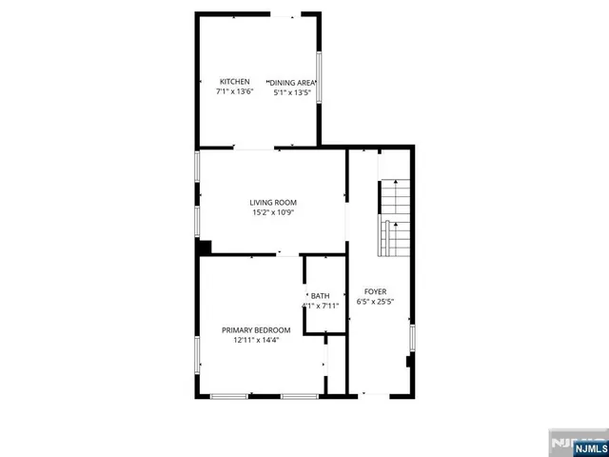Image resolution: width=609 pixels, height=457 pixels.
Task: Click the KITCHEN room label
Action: (x=235, y=82)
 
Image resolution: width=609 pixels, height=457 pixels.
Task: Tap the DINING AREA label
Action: (x=292, y=82)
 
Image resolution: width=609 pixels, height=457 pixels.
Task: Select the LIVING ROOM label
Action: (x=274, y=202)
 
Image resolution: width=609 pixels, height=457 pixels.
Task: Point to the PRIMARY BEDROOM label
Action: (x=255, y=329)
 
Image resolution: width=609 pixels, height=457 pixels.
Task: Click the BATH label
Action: (x=320, y=295)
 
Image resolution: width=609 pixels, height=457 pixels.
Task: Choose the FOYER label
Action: (x=376, y=290)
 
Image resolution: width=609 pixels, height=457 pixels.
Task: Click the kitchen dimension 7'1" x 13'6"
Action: (x=235, y=93)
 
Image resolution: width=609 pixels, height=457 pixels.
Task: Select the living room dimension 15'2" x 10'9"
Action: (x=274, y=213)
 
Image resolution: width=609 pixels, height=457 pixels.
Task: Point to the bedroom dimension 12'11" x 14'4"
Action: (x=255, y=341)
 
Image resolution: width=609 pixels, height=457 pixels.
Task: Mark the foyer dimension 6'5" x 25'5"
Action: (x=376, y=302)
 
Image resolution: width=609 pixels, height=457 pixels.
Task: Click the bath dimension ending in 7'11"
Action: (x=320, y=307)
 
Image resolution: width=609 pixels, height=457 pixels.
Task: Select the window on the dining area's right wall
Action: (x=319, y=76)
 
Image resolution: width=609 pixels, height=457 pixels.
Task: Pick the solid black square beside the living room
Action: (x=203, y=248)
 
